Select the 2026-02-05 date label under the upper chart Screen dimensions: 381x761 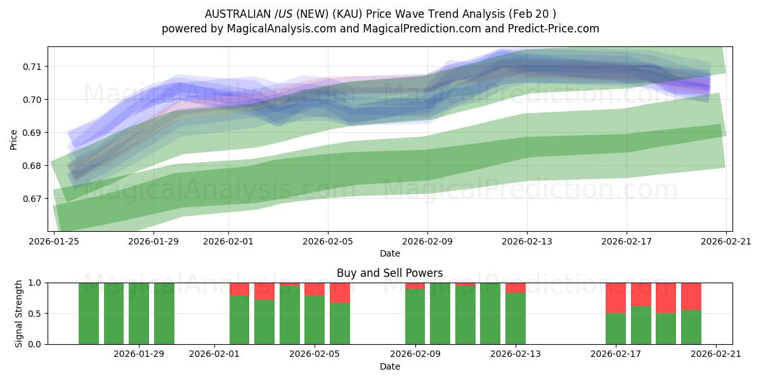[x=328, y=241]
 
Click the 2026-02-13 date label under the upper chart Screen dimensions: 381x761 [x=527, y=241]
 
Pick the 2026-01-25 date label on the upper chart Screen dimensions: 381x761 [x=54, y=241]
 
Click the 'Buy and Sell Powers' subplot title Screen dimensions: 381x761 [x=389, y=274]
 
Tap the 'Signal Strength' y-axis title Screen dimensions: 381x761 [x=19, y=314]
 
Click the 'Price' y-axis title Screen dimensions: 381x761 [x=14, y=140]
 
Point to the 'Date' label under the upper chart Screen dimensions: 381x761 [x=389, y=253]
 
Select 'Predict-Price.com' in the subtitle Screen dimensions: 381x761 [x=555, y=29]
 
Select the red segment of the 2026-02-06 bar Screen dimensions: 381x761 [x=340, y=293]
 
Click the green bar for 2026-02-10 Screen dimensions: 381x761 [x=440, y=314]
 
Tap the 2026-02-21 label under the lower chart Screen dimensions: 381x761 [x=716, y=354]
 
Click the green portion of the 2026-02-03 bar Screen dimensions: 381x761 [x=264, y=322]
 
